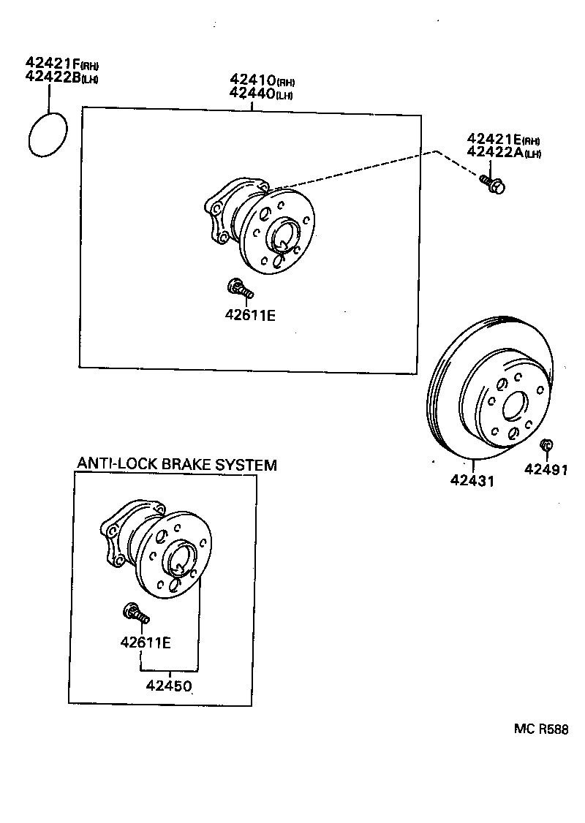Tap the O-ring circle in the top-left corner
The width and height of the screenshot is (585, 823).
48,134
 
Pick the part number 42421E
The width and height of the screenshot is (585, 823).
494,139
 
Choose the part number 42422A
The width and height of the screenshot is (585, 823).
494,152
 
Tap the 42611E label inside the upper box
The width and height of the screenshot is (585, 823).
250,316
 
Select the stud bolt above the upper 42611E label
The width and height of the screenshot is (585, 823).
240,289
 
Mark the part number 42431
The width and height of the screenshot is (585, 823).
472,481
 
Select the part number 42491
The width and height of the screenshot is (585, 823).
546,469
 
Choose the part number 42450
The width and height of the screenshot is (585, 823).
169,686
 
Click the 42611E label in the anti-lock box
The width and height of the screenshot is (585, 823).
145,642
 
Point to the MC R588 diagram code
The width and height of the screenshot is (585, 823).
540,729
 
